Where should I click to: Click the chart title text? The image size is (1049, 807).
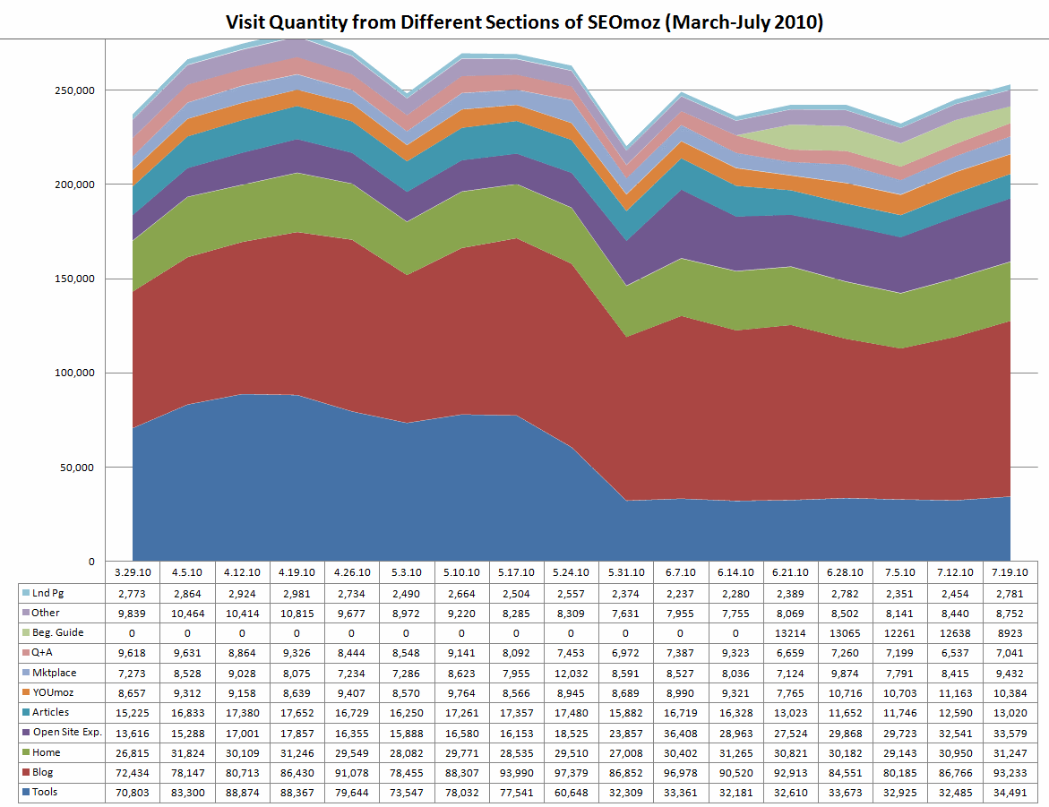(x=524, y=21)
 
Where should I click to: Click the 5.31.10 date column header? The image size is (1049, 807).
(x=626, y=572)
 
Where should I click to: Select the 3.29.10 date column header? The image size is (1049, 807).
(x=133, y=572)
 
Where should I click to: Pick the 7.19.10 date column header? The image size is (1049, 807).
(x=1010, y=572)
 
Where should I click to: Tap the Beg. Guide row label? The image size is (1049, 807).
(x=57, y=632)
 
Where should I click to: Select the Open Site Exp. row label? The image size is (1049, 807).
(x=65, y=732)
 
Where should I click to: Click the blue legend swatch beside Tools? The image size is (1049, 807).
(x=26, y=791)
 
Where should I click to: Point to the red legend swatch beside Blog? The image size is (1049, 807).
(x=26, y=771)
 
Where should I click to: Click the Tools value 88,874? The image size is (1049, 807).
(x=242, y=791)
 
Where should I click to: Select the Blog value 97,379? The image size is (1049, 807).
(x=572, y=771)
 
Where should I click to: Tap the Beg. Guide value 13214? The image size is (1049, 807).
(x=791, y=632)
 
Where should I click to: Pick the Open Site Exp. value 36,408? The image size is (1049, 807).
(x=681, y=732)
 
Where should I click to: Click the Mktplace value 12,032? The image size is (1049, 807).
(x=572, y=672)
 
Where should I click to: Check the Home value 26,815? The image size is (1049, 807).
(x=133, y=751)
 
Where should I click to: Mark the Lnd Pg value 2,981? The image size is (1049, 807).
(x=297, y=593)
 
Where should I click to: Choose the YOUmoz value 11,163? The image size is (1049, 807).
(x=956, y=692)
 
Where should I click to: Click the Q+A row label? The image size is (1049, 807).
(x=44, y=652)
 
